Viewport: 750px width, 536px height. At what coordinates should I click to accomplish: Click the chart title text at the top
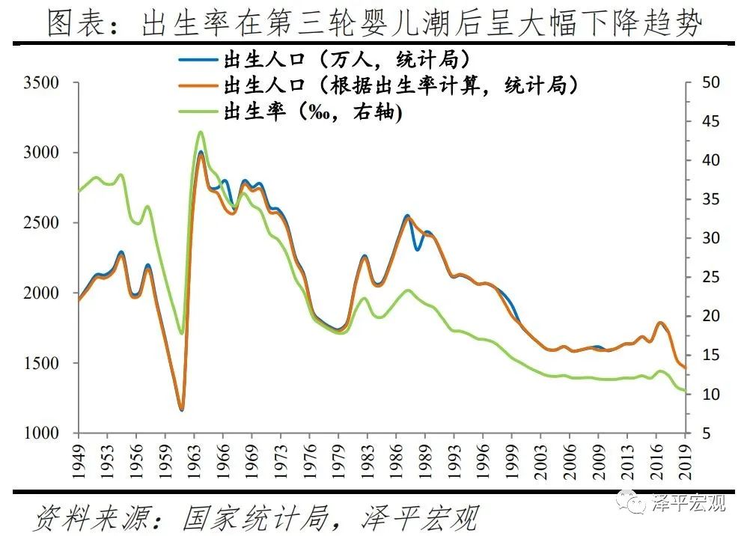tap(374, 24)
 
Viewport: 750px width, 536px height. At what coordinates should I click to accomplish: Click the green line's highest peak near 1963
tap(200, 133)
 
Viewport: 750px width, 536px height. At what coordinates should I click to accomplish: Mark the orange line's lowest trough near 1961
tap(181, 409)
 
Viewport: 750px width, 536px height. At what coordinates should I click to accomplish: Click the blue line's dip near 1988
tap(418, 249)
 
